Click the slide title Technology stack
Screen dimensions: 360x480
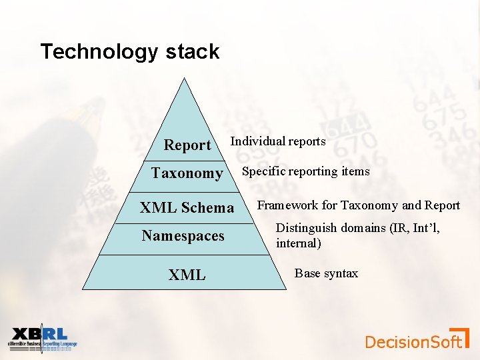[x=129, y=52]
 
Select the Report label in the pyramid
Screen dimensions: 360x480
[x=187, y=145]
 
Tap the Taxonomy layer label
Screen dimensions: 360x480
[x=187, y=173]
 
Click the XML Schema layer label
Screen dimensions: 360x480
[x=187, y=208]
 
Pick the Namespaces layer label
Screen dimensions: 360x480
[x=183, y=236]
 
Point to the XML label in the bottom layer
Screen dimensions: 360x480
[x=187, y=275]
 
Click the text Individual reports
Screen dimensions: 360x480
[x=278, y=141]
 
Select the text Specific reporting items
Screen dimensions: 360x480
[x=305, y=171]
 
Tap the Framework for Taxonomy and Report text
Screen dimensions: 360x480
[x=359, y=205]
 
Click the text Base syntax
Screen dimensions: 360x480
[x=326, y=273]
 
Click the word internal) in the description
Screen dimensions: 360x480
[x=299, y=243]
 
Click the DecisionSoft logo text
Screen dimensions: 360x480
[x=413, y=342]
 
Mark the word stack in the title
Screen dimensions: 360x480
[x=193, y=52]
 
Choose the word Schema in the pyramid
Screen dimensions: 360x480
[x=209, y=208]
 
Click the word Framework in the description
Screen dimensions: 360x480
[x=287, y=205]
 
